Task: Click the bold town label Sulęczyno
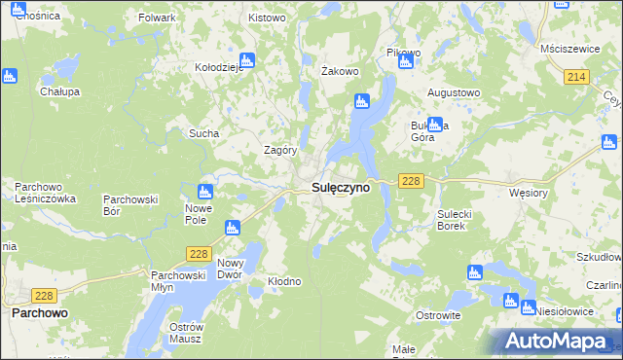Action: (340, 188)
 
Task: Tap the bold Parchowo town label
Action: (39, 314)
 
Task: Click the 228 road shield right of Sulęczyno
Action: (410, 182)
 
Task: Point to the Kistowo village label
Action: (267, 18)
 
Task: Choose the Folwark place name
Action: (158, 18)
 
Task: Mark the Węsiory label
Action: (531, 193)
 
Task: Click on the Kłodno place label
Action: (284, 281)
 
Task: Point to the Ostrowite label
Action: (438, 316)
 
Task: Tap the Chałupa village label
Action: (58, 91)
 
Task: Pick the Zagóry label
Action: (280, 150)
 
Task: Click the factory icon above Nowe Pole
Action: (205, 192)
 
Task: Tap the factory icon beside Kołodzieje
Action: (246, 59)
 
